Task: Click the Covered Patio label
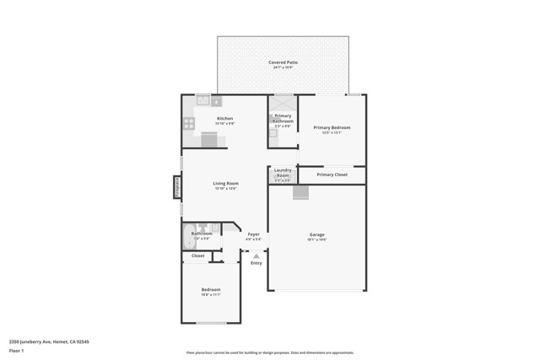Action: coord(283,62)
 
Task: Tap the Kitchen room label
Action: coord(224,119)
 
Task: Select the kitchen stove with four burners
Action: coord(189,123)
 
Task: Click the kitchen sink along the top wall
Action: coord(203,99)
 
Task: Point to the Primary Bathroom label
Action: coord(283,118)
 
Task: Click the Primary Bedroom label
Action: coord(332,127)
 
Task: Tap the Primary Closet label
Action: coord(332,175)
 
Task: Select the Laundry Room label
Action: coord(283,173)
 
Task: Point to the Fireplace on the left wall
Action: coord(177,186)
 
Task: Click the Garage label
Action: coord(316,234)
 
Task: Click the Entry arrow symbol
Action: coord(256,255)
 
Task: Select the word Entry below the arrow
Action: coord(256,263)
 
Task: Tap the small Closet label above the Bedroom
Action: coord(197,255)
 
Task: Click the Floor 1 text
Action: coord(17,350)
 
